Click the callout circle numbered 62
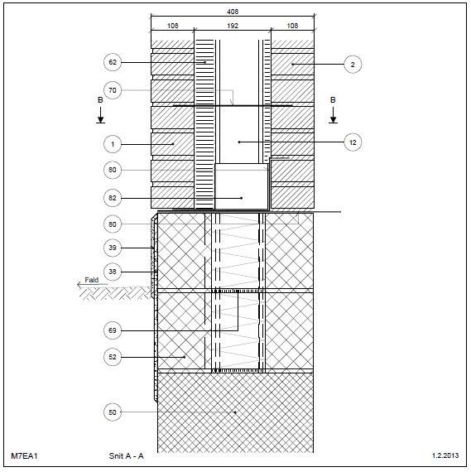(x=113, y=62)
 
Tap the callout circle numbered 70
(x=113, y=90)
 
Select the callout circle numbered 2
(x=353, y=65)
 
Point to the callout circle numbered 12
(x=353, y=142)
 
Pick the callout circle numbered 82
(x=113, y=198)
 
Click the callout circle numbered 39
(x=113, y=248)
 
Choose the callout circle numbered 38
(x=113, y=272)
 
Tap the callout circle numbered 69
(x=113, y=330)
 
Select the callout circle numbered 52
(x=113, y=357)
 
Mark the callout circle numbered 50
(x=113, y=412)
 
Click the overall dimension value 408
(x=233, y=12)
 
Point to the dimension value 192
(x=233, y=26)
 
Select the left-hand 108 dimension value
(x=172, y=26)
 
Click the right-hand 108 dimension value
(x=292, y=26)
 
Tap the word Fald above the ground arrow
(x=92, y=280)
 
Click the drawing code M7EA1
(x=24, y=455)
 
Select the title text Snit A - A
(x=127, y=455)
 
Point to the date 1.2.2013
(x=445, y=455)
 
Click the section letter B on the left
(x=100, y=100)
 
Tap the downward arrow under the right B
(x=333, y=115)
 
